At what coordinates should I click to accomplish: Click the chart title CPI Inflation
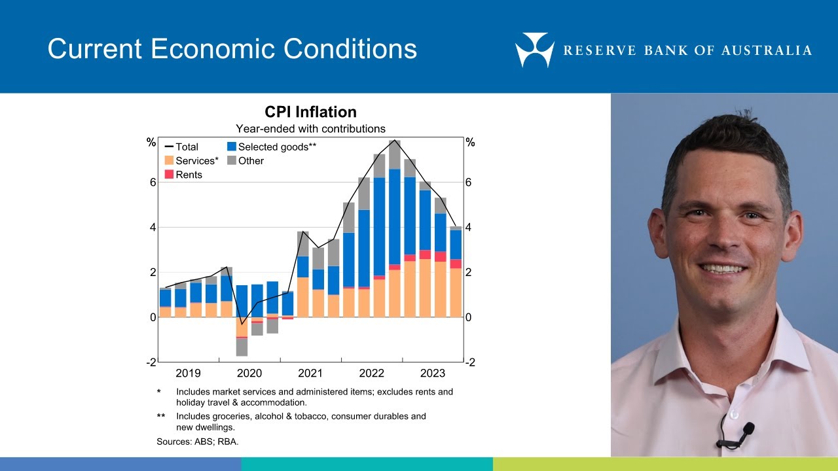click(x=310, y=112)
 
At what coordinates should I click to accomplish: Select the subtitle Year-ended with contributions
click(x=310, y=128)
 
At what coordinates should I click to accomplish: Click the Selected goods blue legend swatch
click(x=232, y=147)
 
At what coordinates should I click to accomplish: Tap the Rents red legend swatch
click(x=169, y=175)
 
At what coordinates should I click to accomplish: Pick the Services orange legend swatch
click(x=169, y=161)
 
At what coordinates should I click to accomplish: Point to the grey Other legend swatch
click(x=232, y=161)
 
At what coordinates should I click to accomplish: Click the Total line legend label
click(x=187, y=147)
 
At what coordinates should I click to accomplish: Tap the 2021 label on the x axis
click(x=310, y=374)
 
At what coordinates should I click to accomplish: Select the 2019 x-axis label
click(x=188, y=374)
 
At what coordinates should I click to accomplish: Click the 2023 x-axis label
click(x=433, y=374)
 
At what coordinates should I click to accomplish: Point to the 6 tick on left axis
click(x=153, y=183)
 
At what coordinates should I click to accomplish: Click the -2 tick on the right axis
click(x=469, y=362)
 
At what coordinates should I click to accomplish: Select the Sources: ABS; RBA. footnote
click(x=198, y=442)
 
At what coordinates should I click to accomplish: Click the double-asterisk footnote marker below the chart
click(x=160, y=416)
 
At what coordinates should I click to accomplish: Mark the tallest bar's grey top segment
click(x=394, y=154)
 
